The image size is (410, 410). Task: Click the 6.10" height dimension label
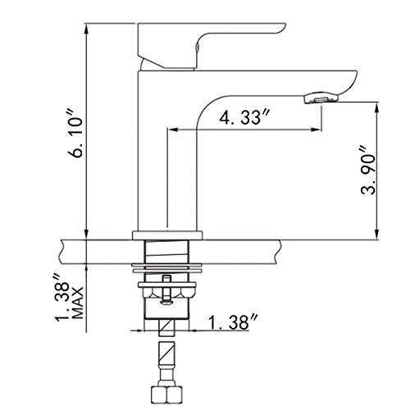pos(75,134)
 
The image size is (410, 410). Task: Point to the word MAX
pos(77,303)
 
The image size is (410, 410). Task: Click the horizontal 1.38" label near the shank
pos(233,322)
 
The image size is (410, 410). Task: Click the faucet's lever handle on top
pos(212,45)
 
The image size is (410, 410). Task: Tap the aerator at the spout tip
pos(321,98)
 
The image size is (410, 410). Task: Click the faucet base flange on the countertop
pos(167,235)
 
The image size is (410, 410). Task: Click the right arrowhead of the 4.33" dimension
pos(316,130)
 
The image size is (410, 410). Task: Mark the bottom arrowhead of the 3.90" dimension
pos(377,234)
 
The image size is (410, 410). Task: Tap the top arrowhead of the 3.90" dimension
pos(377,107)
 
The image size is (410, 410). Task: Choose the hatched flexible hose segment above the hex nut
pos(166,355)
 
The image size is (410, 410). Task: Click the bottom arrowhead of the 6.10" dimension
pos(87,234)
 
